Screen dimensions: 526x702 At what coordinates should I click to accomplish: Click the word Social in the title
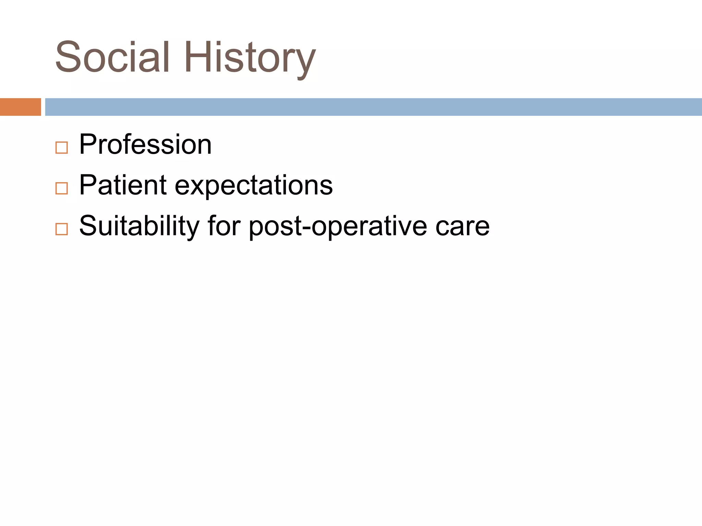(112, 57)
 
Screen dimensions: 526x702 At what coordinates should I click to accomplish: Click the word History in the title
(250, 57)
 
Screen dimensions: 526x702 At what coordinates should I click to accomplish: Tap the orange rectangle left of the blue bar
(20, 107)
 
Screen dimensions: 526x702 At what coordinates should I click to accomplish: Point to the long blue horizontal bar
(374, 107)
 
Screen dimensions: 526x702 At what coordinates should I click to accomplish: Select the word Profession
(145, 145)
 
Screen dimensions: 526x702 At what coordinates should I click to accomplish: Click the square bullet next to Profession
(62, 148)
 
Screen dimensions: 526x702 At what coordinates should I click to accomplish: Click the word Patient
(123, 185)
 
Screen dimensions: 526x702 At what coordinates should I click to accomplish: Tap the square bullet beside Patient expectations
(62, 188)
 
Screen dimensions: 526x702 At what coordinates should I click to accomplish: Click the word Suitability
(139, 226)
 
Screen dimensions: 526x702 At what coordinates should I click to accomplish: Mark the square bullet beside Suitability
(62, 229)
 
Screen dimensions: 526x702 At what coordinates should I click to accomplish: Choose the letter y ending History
(305, 62)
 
